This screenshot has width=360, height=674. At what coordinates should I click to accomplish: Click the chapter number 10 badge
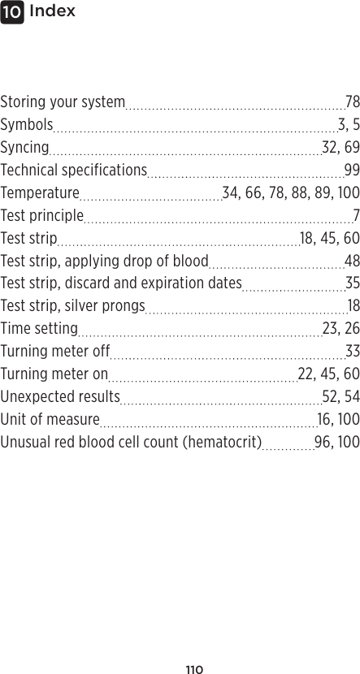point(11,12)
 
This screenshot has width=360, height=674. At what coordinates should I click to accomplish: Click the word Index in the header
point(52,11)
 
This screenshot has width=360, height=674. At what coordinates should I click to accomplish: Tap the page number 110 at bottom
point(193,670)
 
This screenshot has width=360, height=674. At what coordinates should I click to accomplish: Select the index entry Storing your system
point(63,102)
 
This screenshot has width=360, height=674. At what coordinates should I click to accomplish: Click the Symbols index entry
point(27,125)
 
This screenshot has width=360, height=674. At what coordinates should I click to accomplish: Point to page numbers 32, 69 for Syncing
point(340,148)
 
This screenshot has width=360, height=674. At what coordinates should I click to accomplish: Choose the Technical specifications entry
point(73,171)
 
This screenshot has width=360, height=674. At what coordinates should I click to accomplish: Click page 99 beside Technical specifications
point(352,171)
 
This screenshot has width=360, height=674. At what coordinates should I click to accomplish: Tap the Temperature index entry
point(40,193)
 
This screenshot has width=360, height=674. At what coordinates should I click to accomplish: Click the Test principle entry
point(42,216)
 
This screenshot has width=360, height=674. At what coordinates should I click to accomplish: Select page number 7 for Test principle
point(356,216)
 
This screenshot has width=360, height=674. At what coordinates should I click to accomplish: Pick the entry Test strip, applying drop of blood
point(105,261)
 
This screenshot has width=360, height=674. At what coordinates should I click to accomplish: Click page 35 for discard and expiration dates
point(352,283)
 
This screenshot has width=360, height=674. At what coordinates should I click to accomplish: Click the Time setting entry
point(39,329)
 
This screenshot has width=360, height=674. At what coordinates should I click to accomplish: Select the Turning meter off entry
point(55,352)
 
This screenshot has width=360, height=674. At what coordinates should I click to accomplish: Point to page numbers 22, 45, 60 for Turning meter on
point(328,374)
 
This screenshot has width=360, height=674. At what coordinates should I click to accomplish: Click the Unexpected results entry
point(60,396)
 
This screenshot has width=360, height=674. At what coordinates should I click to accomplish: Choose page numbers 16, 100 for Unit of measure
point(338,419)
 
